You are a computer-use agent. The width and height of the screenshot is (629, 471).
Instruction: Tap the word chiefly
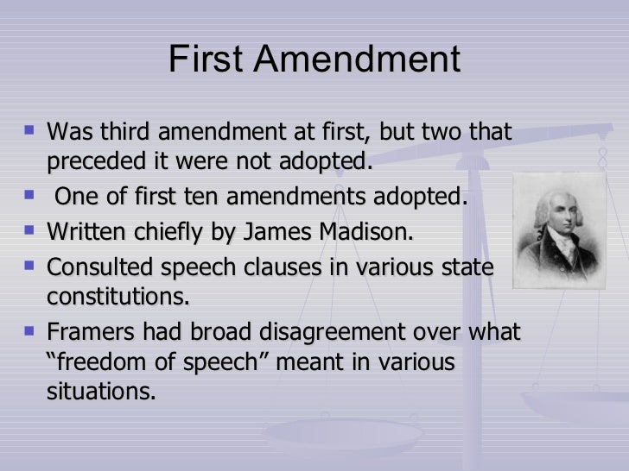point(170,232)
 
